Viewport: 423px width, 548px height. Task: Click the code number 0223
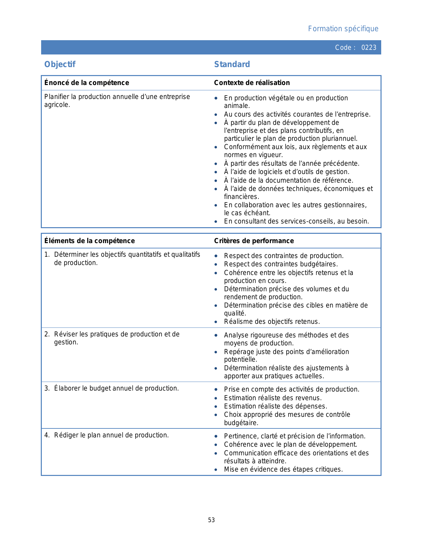coord(369,47)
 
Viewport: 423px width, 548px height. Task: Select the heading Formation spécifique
coord(343,29)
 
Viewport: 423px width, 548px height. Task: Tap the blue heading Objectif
coord(60,64)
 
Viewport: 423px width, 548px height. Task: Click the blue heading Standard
coord(232,64)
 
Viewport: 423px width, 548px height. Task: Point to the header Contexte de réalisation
coord(252,83)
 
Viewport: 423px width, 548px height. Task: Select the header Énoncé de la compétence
coord(87,83)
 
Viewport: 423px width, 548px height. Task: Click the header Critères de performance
coord(254,241)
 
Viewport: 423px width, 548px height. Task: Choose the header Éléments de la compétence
coord(90,241)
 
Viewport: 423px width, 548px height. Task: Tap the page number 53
coord(211,520)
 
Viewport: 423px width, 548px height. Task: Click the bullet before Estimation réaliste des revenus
coord(216,398)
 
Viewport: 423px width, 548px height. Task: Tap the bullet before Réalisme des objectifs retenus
coord(216,322)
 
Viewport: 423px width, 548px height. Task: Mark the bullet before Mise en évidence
coord(216,470)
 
